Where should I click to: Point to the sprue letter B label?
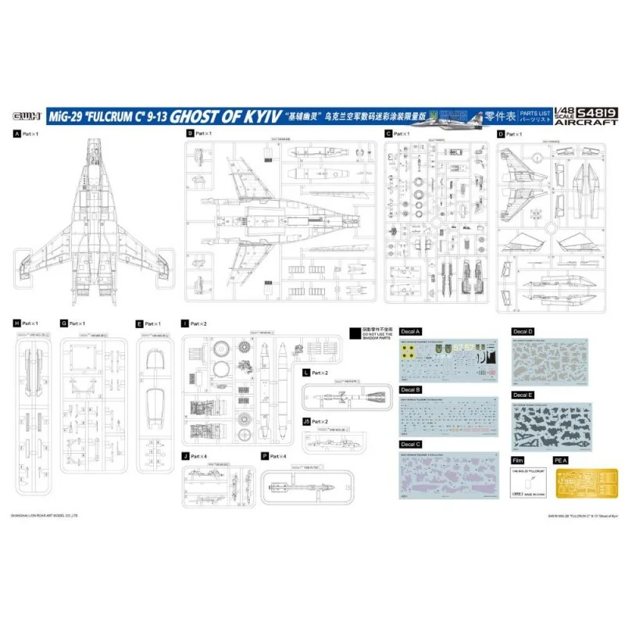pos(189,134)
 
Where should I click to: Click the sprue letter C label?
pos(387,134)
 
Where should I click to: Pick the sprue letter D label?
pos(501,134)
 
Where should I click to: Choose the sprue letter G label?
pos(62,323)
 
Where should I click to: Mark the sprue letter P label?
pos(264,455)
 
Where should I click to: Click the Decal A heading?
pos(410,331)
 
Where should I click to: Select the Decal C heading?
pos(410,445)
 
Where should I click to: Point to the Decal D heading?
pos(523,331)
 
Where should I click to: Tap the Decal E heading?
pos(523,396)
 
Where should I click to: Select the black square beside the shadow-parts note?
pos(354,331)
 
